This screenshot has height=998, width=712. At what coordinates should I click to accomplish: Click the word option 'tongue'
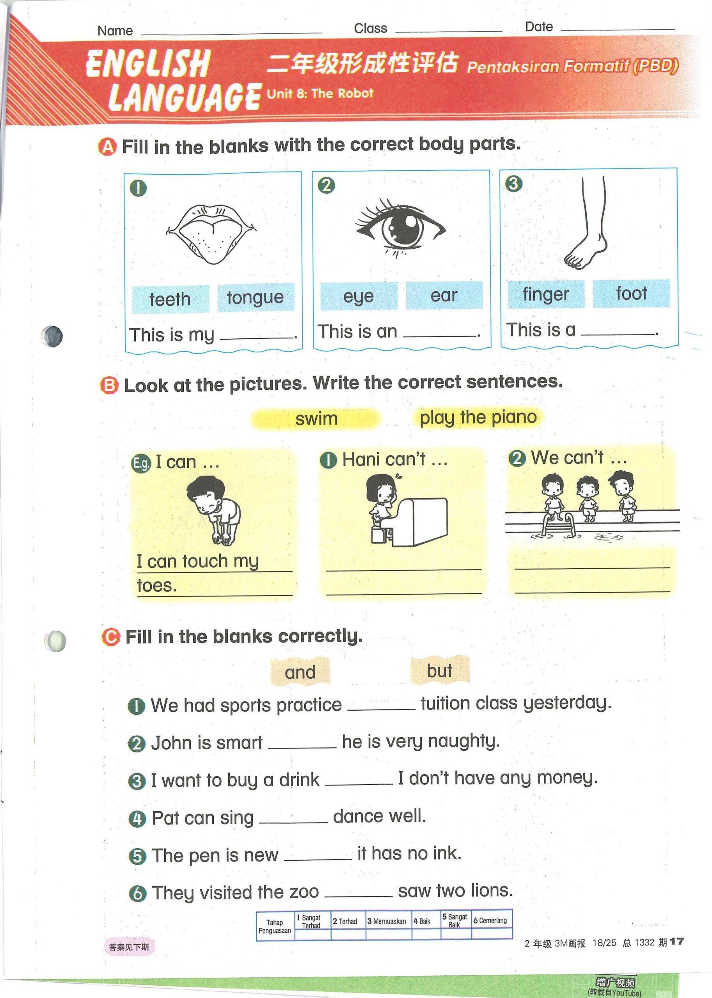[x=256, y=298]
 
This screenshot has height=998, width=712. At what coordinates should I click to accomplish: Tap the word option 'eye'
[x=359, y=296]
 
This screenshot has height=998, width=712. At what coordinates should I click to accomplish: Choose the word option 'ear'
[x=444, y=295]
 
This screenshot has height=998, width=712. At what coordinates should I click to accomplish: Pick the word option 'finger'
[x=546, y=294]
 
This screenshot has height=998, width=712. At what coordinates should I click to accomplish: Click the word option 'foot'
[x=631, y=293]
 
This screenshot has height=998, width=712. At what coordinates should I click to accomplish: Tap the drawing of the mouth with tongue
[x=211, y=235]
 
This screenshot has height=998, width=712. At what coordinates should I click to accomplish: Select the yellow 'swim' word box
[x=316, y=419]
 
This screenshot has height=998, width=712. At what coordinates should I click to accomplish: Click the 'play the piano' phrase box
[x=478, y=417]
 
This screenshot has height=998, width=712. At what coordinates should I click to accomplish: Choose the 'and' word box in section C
[x=300, y=672]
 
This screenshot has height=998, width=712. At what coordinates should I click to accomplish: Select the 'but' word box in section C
[x=440, y=670]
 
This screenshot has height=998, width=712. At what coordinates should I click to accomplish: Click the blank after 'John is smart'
[x=302, y=748]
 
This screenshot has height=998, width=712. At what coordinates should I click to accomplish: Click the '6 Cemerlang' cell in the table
[x=492, y=920]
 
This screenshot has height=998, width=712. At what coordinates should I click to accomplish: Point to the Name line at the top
[x=231, y=33]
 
